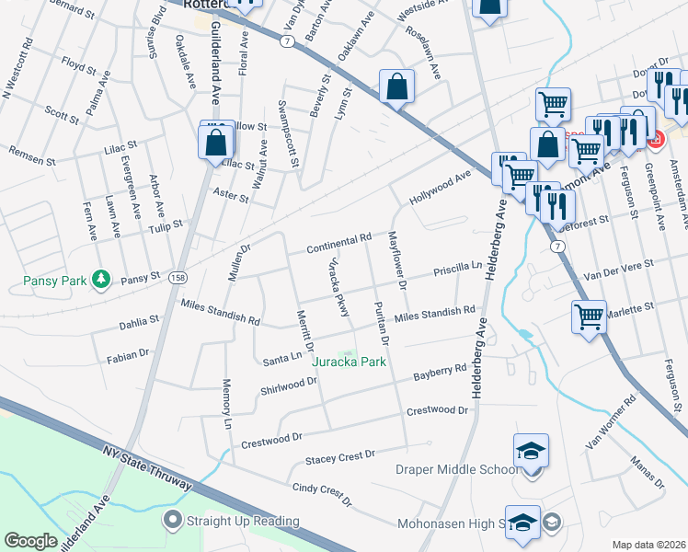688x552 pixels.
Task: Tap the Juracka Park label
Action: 349,362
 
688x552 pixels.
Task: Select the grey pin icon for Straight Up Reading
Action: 170,522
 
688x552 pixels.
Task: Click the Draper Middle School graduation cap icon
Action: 532,452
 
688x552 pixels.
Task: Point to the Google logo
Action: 30,541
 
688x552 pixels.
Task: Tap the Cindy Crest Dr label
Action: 322,495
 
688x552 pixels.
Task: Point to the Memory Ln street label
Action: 226,404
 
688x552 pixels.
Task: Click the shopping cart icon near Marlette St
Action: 589,317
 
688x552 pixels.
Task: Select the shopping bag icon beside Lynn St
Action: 396,88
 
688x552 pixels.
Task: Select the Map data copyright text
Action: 648,544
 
